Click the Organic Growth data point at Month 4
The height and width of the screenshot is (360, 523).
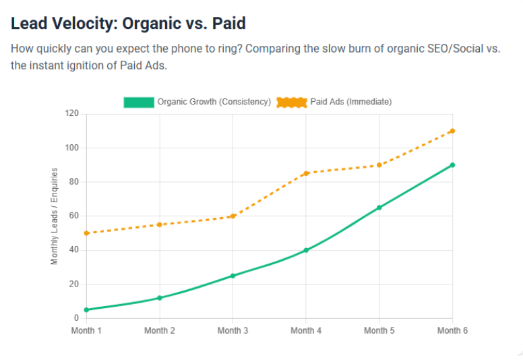tap(306, 250)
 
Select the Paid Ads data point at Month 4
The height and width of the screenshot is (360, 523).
tap(306, 173)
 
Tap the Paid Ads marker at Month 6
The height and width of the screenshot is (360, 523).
tap(452, 131)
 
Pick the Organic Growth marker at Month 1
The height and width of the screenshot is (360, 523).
tap(86, 309)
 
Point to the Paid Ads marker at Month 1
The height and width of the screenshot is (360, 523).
tap(86, 233)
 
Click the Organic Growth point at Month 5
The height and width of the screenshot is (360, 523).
tap(379, 208)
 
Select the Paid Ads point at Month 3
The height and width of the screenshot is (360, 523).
tap(233, 216)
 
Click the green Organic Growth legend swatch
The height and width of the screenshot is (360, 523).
tap(139, 102)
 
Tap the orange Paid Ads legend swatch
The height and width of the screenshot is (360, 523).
tap(292, 102)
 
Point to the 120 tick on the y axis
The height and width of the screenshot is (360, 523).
tap(71, 114)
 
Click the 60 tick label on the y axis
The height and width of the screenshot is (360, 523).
tap(74, 216)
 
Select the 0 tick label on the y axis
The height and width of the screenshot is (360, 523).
tap(76, 318)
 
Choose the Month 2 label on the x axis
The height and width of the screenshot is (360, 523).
tap(160, 330)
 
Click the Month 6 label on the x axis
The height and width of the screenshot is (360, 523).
tap(452, 330)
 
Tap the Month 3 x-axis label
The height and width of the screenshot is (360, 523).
tap(233, 330)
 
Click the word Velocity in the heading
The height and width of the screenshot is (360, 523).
tap(84, 24)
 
